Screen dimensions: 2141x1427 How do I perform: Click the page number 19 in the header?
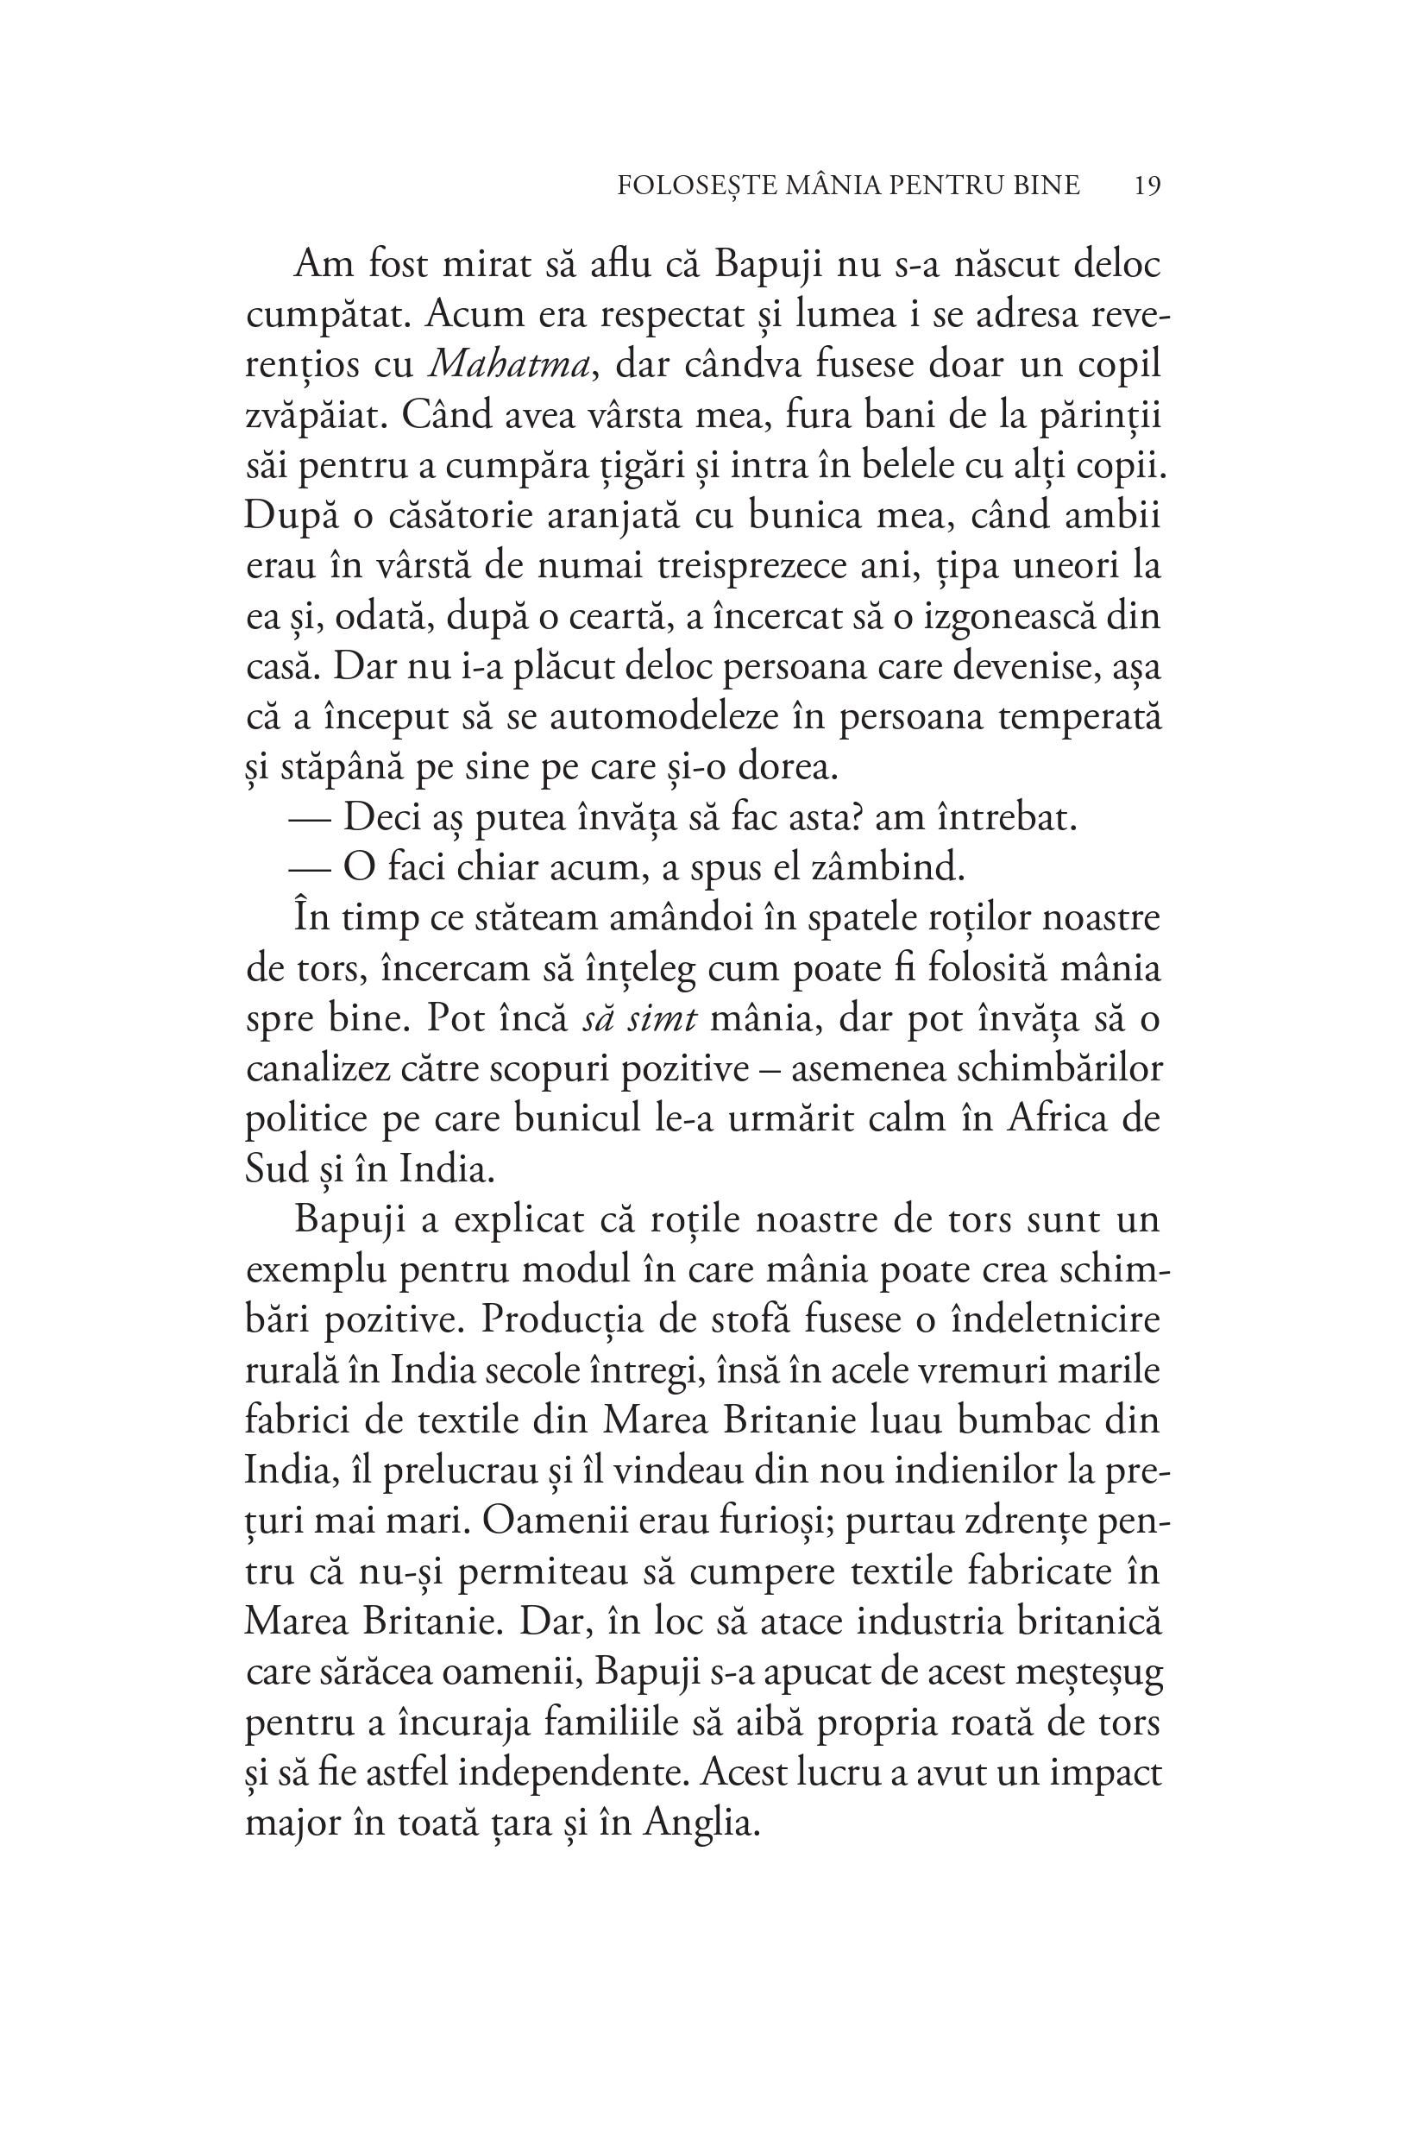pos(1147,186)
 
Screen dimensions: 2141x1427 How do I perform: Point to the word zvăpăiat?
pos(310,416)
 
